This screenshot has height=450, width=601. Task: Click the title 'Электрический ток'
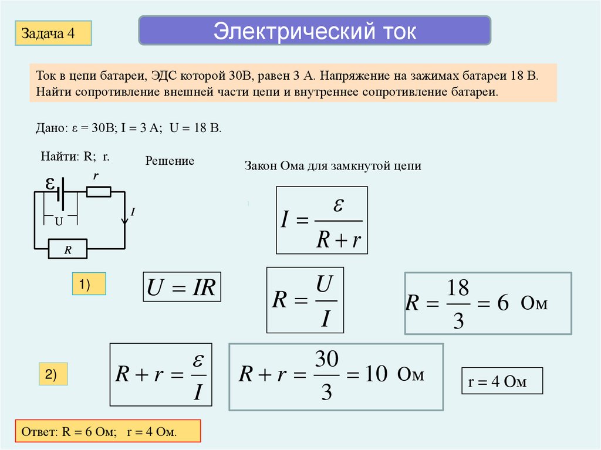pos(315,31)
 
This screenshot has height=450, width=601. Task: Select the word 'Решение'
pos(170,161)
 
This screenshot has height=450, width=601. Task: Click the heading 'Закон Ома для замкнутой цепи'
pos(333,166)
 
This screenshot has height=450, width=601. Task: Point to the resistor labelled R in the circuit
pos(67,249)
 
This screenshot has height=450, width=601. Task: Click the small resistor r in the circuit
pos(98,191)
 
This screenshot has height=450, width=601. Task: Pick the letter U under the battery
pos(59,222)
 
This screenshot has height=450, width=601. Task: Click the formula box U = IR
pos(182,287)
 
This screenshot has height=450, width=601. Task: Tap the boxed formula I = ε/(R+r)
pos(322,220)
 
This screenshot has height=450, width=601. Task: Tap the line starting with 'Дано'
pos(129,128)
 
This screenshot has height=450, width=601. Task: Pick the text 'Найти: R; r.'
pos(75,157)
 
